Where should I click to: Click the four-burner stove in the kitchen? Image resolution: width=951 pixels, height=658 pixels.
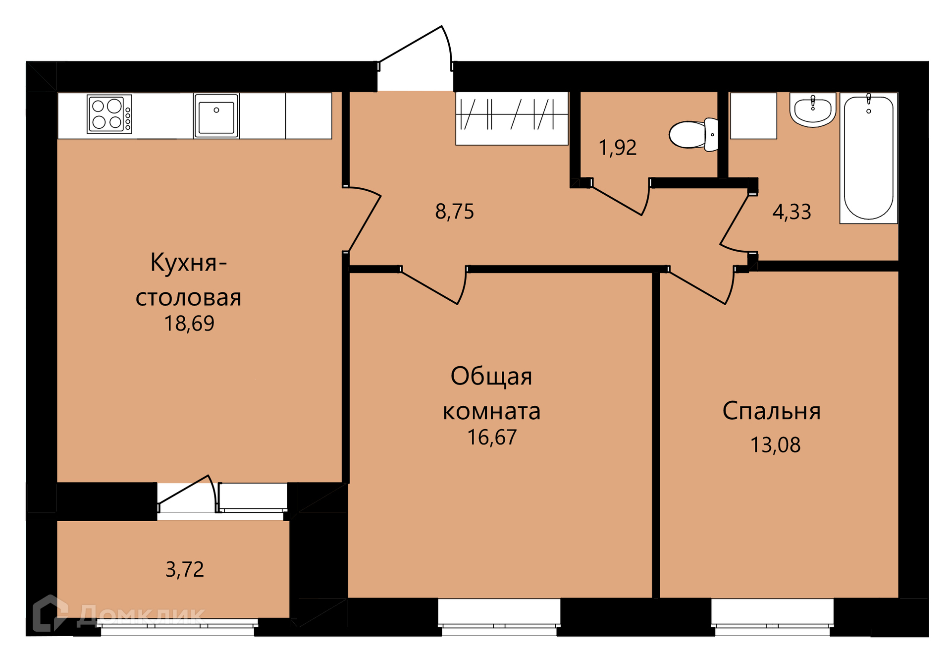point(109,114)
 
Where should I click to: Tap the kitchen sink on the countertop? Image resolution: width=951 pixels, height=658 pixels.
point(216,116)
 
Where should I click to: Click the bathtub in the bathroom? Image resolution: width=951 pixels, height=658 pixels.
point(868,158)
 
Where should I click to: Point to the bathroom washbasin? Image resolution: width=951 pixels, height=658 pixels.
point(813,110)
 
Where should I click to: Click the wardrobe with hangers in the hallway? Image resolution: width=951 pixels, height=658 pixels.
point(512,118)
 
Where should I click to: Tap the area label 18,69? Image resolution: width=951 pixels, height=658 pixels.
point(189,324)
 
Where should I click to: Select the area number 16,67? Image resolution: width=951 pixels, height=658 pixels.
point(492,437)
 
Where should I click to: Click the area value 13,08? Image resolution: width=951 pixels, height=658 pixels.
point(775,445)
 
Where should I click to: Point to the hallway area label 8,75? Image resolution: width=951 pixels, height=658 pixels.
point(455,212)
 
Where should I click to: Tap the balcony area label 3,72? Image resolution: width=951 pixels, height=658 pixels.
point(184,569)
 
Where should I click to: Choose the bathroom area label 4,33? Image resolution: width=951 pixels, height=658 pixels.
point(792,212)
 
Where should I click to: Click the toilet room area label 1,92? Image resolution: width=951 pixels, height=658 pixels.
point(618,148)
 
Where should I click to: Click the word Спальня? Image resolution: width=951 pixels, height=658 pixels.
point(771,411)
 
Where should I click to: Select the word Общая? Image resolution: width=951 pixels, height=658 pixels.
point(491,376)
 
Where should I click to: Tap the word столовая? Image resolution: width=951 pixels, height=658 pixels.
point(188,298)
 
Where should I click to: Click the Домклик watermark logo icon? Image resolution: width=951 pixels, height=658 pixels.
point(50,613)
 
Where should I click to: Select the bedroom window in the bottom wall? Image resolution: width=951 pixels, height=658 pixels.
point(772,617)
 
